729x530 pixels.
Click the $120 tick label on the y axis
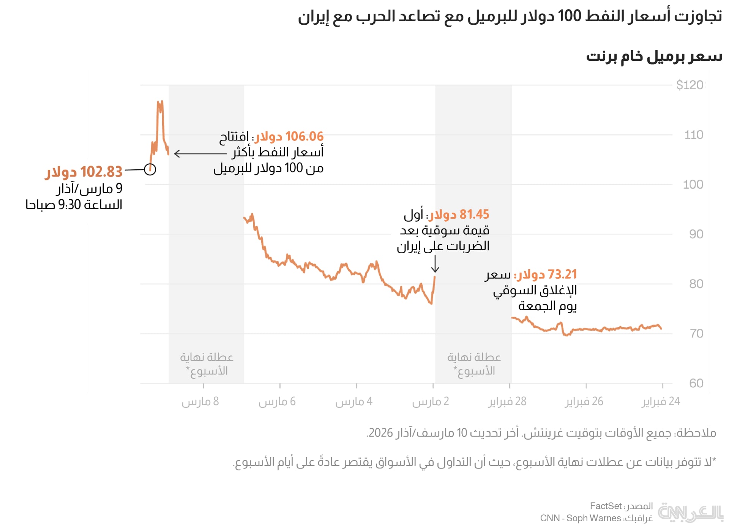click(x=690, y=85)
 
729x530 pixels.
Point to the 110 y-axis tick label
click(x=694, y=135)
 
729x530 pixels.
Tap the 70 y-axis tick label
click(x=696, y=334)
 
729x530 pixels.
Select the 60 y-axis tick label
click(x=696, y=383)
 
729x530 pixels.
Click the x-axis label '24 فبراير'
click(x=661, y=402)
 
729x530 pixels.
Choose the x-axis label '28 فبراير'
click(x=507, y=402)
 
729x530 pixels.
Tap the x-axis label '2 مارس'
click(x=431, y=402)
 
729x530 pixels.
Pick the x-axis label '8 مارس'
click(x=200, y=402)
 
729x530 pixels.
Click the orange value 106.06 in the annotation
click(x=305, y=137)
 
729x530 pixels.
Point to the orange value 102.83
click(x=101, y=172)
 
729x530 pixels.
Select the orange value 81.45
click(x=474, y=215)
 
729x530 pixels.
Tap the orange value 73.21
click(x=562, y=274)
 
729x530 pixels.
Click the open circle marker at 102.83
click(x=150, y=169)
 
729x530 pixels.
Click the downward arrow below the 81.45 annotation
click(x=435, y=264)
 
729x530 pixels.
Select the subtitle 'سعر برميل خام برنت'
click(x=654, y=57)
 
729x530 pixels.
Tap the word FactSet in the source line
click(x=606, y=506)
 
